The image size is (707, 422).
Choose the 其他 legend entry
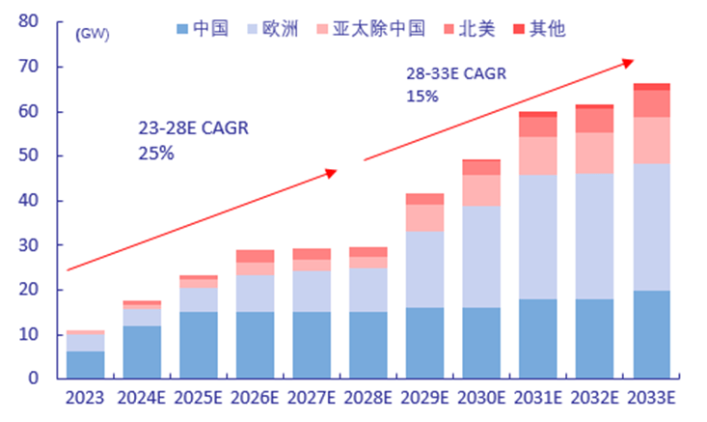click(538, 28)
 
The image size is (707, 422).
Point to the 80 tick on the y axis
click(28, 22)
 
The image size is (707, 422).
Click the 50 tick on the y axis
click(28, 155)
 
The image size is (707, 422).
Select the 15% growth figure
click(421, 96)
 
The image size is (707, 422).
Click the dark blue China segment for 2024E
click(142, 352)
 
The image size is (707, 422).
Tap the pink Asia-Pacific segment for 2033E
click(651, 140)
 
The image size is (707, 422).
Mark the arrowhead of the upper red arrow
click(629, 63)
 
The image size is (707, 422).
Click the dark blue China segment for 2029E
click(424, 343)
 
